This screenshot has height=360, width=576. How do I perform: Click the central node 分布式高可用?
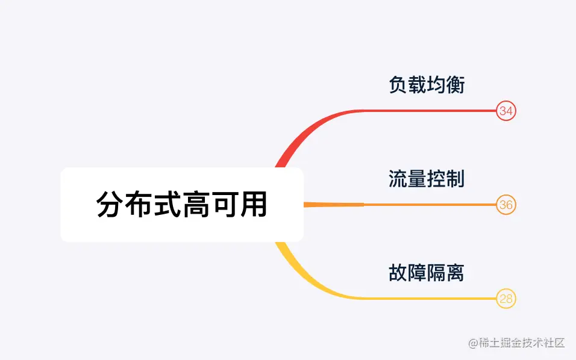(181, 205)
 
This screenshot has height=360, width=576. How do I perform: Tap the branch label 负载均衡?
(427, 85)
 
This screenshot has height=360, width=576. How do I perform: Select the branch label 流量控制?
(427, 179)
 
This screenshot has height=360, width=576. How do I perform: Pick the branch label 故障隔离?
(427, 273)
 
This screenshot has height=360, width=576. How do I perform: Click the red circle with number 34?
(506, 111)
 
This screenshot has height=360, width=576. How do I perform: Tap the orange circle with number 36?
(506, 205)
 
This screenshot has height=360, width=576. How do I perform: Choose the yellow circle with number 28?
(506, 299)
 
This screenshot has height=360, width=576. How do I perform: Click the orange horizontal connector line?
(422, 205)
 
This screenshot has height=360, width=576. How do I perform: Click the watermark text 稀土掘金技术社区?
(516, 343)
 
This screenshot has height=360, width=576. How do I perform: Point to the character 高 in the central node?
(196, 205)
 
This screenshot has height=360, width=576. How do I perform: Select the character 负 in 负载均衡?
(398, 85)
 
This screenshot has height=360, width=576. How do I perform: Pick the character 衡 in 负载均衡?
(455, 85)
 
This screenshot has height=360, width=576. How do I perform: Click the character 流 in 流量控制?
(398, 179)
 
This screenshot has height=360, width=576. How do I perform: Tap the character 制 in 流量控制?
(455, 179)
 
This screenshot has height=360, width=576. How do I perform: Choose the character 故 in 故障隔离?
(398, 273)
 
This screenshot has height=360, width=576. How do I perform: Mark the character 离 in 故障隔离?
(455, 273)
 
